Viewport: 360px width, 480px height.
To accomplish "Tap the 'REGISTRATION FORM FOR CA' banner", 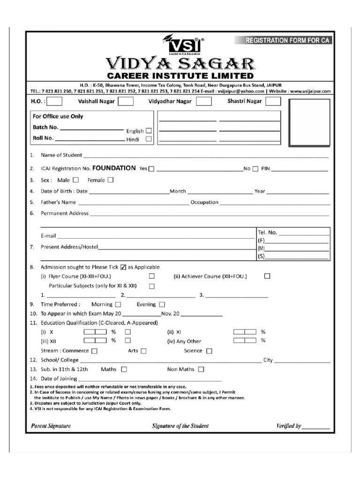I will [288, 40].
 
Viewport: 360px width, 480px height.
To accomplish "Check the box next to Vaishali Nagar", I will [126, 101].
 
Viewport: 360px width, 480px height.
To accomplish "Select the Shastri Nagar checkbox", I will [273, 101].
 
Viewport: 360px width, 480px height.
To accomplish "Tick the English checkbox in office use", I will [149, 131].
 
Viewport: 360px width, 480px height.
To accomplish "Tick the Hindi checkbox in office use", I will [149, 139].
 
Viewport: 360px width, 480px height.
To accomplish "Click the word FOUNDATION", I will [114, 168].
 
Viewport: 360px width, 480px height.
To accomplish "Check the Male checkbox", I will [76, 180].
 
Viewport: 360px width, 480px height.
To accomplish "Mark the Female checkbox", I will [111, 180].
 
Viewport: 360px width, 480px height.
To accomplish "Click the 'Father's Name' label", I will [58, 202].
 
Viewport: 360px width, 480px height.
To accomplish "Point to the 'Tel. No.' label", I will [267, 232].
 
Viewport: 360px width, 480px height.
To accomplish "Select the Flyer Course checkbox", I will [152, 276].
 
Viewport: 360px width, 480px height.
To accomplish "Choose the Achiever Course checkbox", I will [267, 276].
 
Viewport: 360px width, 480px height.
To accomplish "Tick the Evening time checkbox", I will [162, 305].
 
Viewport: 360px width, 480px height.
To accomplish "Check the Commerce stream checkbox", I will [95, 351].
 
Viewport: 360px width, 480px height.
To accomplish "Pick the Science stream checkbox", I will [209, 351].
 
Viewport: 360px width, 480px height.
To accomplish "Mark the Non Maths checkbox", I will [201, 369].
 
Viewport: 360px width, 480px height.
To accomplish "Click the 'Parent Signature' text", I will [51, 426].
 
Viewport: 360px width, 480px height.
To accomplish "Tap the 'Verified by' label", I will [289, 426].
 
